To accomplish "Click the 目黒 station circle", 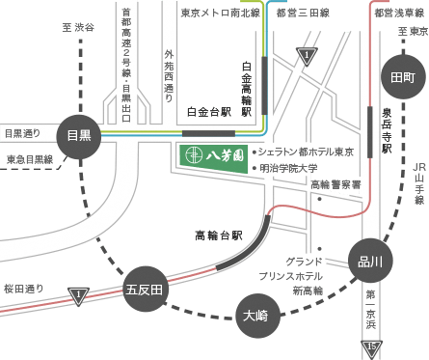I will click(78, 135).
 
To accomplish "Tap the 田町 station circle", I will click(403, 77).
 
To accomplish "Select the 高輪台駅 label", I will click(219, 235).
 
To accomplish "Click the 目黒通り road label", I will click(23, 133).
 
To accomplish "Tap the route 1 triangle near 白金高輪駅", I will click(308, 56).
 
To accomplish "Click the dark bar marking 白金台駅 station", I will click(207, 133).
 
